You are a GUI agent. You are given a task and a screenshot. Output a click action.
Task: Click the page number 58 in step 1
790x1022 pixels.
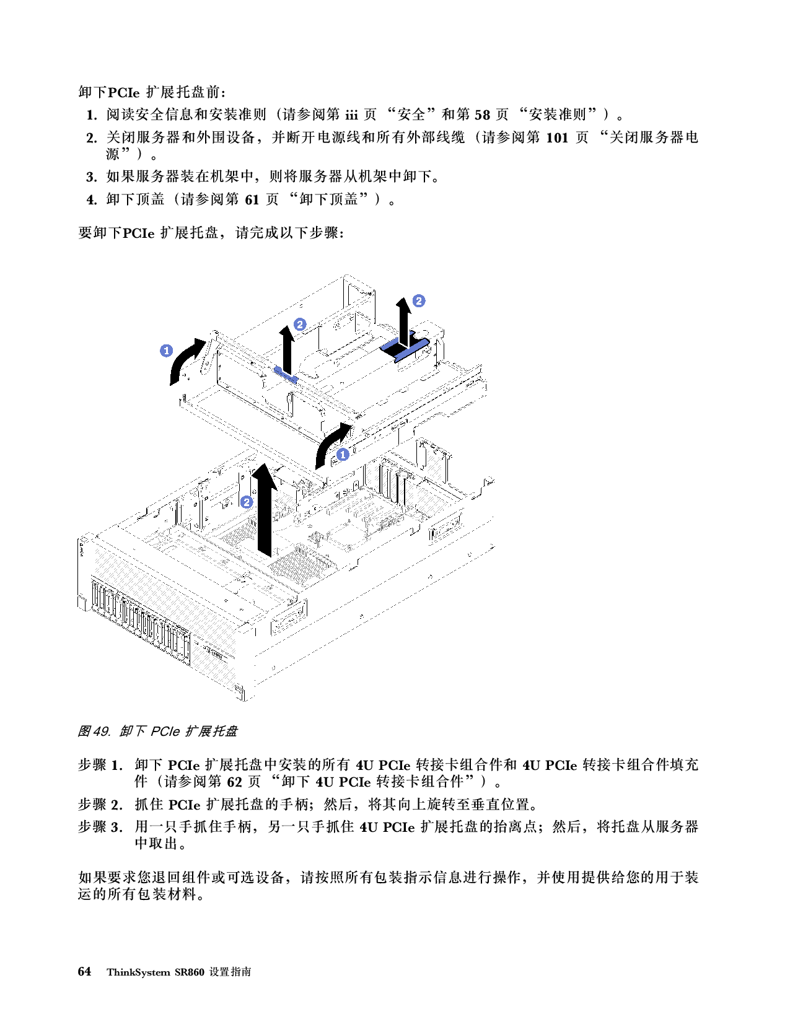point(482,115)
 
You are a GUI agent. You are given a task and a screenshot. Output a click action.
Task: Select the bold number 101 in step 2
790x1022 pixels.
point(557,138)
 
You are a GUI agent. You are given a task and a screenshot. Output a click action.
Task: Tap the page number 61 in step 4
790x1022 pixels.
point(252,200)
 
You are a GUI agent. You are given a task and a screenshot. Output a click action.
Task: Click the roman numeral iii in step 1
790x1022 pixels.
point(351,115)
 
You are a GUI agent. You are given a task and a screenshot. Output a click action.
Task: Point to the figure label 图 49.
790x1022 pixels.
point(94,731)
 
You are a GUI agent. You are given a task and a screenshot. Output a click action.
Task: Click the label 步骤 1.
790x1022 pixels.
point(100,765)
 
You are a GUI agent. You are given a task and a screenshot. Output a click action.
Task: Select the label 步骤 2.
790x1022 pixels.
point(100,804)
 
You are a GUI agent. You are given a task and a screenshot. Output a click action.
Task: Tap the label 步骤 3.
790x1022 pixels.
point(100,827)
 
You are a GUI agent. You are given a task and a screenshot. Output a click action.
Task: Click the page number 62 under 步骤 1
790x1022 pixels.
point(235,782)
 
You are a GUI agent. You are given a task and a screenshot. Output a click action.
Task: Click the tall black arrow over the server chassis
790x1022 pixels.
point(265,510)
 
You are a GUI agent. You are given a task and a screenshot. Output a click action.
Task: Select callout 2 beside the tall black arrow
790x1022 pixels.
point(247,502)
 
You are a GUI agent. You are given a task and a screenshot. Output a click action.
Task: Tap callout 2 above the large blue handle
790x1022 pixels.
point(419,301)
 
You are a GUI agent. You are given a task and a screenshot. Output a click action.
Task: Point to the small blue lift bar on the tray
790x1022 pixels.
point(286,375)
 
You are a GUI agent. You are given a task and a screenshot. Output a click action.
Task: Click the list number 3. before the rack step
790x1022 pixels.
point(92,177)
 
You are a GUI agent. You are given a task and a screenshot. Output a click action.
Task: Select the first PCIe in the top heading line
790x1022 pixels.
point(124,92)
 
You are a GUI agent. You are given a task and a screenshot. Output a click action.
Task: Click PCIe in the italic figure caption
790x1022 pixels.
point(165,732)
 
